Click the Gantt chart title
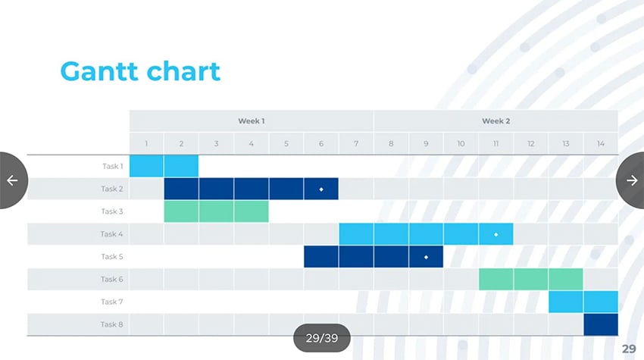(x=140, y=71)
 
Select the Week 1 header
(x=252, y=121)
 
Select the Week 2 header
(x=496, y=121)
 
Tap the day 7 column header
(x=356, y=143)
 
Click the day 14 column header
(x=601, y=143)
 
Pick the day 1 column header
(x=147, y=143)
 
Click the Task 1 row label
(x=112, y=166)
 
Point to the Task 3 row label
(x=112, y=211)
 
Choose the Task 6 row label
(x=112, y=280)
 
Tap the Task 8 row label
(x=112, y=324)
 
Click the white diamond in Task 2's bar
(x=321, y=189)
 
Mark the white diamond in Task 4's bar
(x=496, y=234)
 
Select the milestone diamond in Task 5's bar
(x=426, y=257)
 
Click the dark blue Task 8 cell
(x=601, y=324)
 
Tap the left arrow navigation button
(x=12, y=180)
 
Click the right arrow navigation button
(x=631, y=180)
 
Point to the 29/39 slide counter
(x=322, y=338)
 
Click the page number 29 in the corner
(x=629, y=349)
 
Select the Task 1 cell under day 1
(x=147, y=166)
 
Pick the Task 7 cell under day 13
(x=566, y=302)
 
